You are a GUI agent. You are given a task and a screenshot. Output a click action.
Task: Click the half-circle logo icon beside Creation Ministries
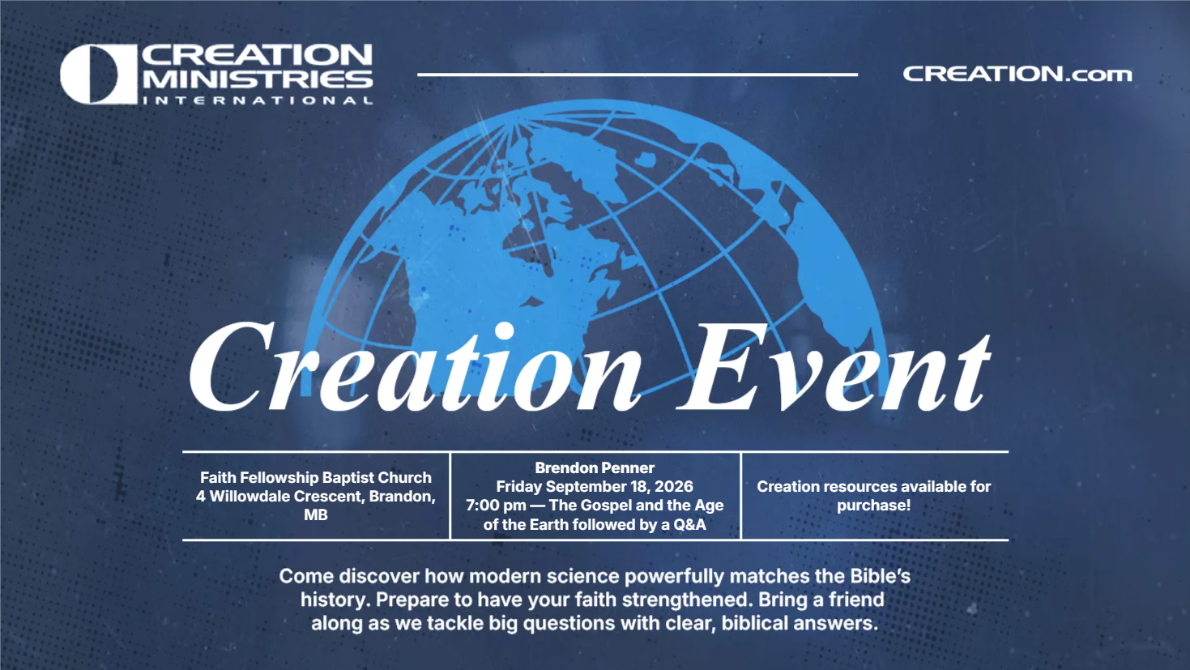point(99,74)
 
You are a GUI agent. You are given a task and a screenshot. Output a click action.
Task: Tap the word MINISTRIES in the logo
point(258,79)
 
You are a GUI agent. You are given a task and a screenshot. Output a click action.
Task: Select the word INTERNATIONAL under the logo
point(258,100)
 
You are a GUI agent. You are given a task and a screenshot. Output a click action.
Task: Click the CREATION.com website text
point(1017,74)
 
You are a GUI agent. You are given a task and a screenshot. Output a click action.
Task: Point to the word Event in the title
point(834,367)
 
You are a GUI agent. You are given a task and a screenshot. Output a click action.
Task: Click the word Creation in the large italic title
point(416,367)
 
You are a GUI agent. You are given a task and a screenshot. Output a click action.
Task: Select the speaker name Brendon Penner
point(595,467)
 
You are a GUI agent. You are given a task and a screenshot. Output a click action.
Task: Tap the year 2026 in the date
point(674,486)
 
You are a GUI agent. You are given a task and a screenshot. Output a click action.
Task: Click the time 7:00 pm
point(496,506)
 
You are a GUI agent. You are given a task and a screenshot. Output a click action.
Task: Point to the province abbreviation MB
point(316,514)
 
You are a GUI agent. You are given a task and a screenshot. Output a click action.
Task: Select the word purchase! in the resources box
point(873,506)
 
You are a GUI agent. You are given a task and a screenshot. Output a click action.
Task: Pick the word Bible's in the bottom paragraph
point(881,576)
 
